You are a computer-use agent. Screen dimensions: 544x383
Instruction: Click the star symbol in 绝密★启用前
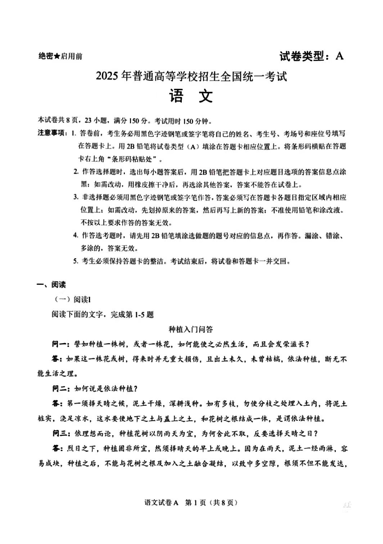[x=57, y=56]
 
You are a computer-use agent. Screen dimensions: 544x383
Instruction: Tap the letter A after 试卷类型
[x=339, y=56]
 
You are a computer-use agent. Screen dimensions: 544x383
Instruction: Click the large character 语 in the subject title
[x=176, y=96]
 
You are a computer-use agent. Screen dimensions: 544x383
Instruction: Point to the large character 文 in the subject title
[x=206, y=96]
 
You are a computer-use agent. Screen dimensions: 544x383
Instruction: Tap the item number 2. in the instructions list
[x=76, y=171]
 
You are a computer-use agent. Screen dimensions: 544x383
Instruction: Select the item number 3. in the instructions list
[x=76, y=197]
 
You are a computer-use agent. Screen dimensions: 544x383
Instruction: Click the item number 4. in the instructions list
[x=76, y=235]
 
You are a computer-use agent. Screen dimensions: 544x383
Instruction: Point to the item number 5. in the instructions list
[x=76, y=261]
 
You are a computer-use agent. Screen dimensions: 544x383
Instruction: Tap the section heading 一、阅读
[x=51, y=285]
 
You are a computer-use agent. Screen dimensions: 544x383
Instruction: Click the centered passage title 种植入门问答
[x=191, y=329]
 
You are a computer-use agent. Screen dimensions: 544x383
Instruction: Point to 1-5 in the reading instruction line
[x=139, y=315]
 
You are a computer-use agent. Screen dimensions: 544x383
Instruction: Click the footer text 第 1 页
[x=195, y=503]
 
